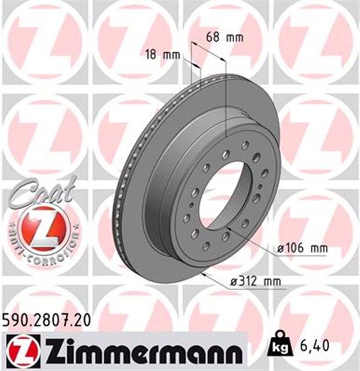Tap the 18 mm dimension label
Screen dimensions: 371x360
pyautogui.click(x=161, y=56)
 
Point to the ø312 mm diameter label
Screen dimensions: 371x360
pyautogui.click(x=256, y=282)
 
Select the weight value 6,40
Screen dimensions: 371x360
pyautogui.click(x=317, y=346)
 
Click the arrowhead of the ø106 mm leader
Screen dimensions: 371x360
pyautogui.click(x=230, y=230)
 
